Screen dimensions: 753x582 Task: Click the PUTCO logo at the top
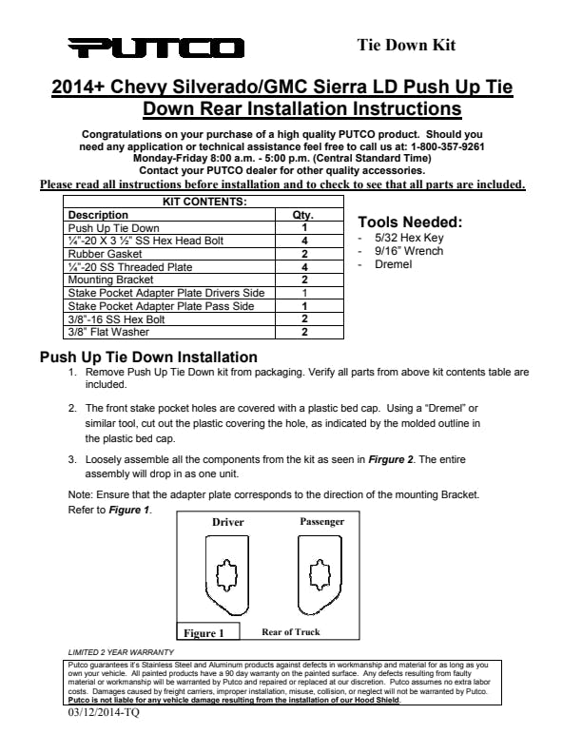156,48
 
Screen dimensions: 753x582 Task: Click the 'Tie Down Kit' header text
406,45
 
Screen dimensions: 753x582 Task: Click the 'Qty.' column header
301,215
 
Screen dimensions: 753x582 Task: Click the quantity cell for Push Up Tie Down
304,228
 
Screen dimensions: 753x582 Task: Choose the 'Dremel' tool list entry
394,264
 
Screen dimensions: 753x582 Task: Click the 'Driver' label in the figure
227,522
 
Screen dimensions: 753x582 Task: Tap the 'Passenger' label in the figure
321,521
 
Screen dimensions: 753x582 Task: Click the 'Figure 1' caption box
204,632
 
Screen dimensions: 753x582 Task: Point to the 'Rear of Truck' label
291,631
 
